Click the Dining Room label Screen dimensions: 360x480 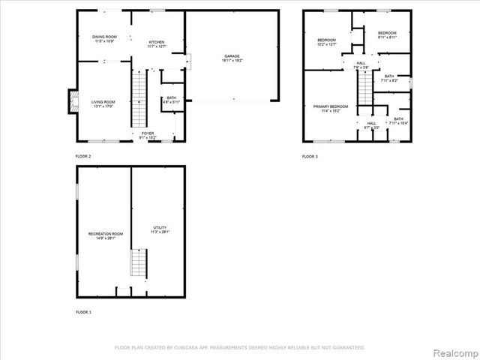(103, 38)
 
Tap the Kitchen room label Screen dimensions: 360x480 (157, 43)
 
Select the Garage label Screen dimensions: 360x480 (231, 58)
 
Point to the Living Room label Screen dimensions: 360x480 (103, 103)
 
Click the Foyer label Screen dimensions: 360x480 (148, 135)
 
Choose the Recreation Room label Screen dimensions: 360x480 (105, 236)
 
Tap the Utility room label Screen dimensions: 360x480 (160, 229)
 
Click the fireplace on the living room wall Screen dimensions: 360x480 (73, 101)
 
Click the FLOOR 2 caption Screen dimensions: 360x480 (83, 156)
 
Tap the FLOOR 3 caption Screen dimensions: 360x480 (310, 156)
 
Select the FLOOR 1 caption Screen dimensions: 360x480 (83, 311)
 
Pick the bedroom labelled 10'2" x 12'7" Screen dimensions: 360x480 (326, 42)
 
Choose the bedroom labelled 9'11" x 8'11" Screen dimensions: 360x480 (387, 35)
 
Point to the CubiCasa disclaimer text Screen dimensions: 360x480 (239, 347)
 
